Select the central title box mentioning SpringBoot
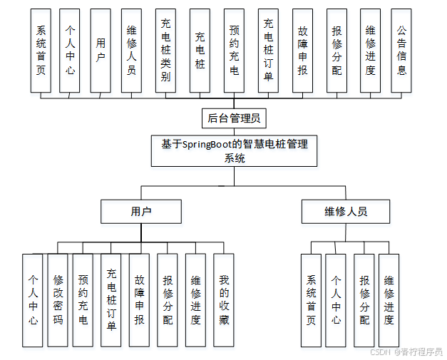234,151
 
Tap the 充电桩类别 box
165,51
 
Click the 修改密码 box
58,300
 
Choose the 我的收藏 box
224,300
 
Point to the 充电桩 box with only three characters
200,51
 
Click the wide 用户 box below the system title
141,212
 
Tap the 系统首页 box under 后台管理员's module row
41,51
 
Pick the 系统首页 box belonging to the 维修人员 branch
311,300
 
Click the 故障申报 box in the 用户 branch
139,300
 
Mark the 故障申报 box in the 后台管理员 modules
302,51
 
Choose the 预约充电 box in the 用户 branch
83,300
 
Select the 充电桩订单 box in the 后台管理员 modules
268,51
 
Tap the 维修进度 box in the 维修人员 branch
389,300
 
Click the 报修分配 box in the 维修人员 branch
364,300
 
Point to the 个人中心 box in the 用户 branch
33,300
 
